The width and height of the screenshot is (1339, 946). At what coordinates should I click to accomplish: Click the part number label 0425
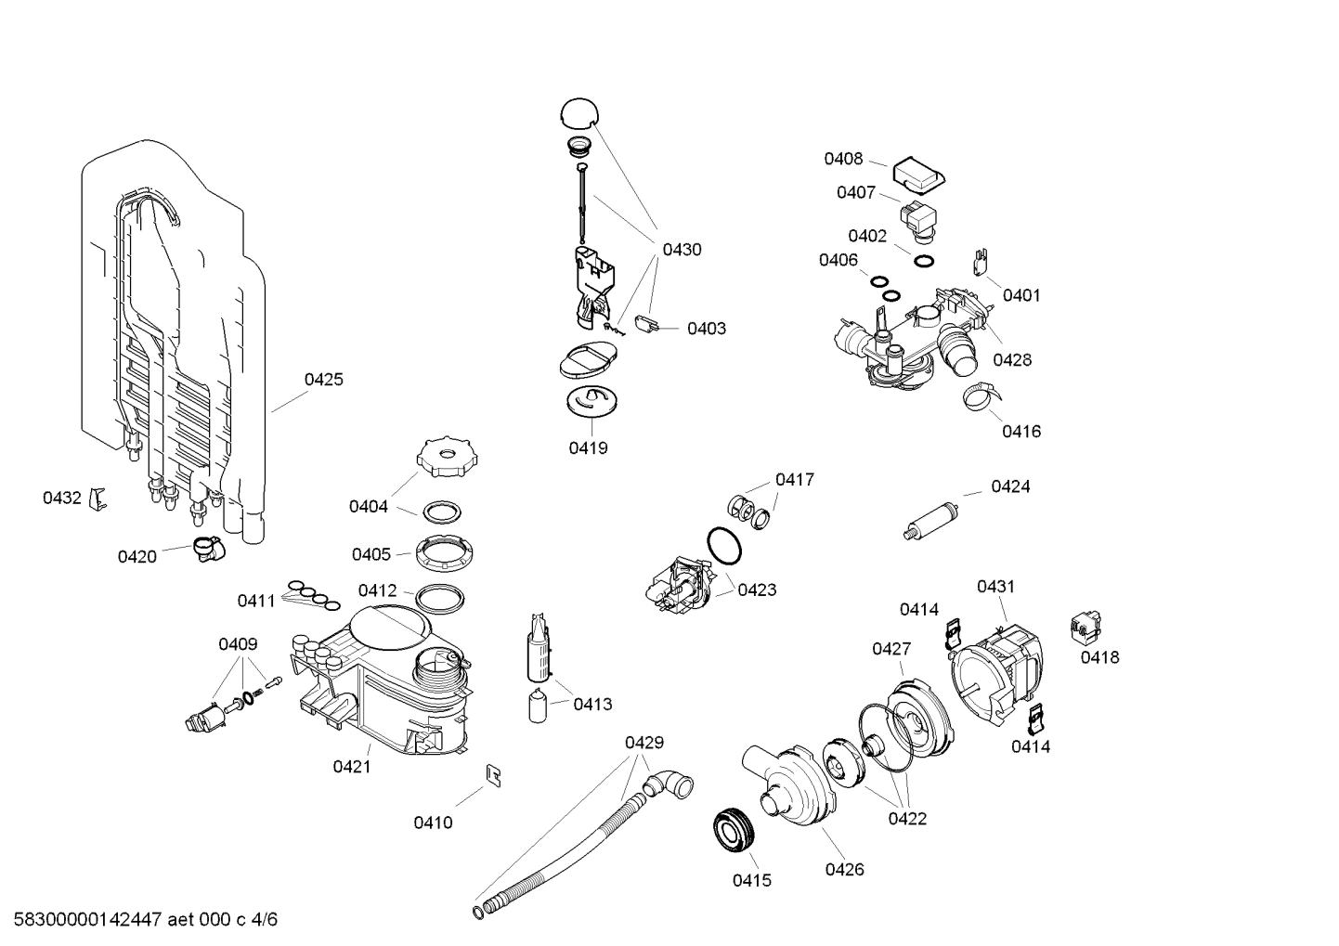pos(323,380)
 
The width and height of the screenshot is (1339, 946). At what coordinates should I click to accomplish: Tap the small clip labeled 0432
pos(97,499)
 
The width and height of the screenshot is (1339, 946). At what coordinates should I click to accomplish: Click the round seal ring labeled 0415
pos(734,830)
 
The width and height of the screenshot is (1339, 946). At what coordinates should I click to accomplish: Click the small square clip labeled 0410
pos(494,773)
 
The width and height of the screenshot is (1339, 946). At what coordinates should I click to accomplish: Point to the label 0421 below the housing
pos(352,767)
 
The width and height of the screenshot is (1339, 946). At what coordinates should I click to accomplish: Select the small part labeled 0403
pos(646,325)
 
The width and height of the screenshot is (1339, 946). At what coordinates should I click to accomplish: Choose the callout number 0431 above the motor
pos(995,587)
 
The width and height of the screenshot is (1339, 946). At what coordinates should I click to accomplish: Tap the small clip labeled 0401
pos(980,263)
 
